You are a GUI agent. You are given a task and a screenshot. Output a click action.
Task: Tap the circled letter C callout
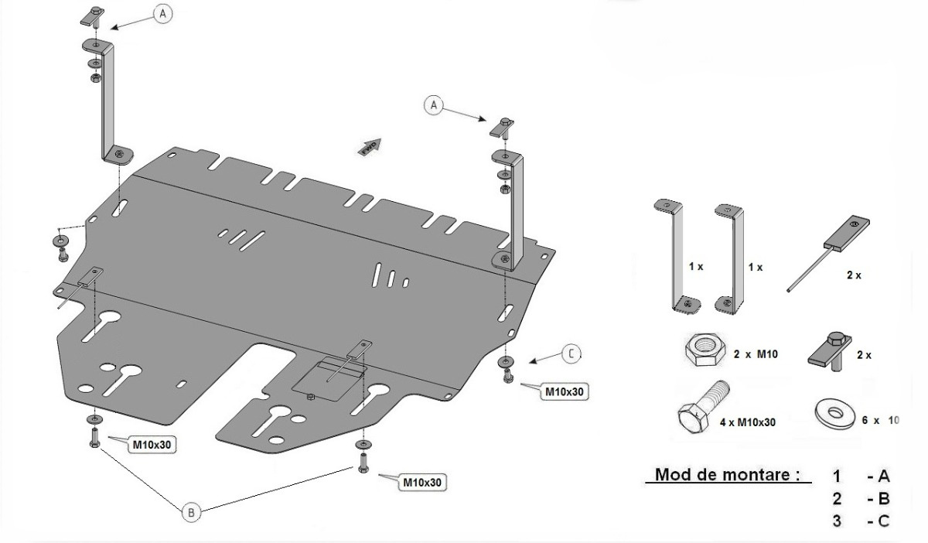click(x=570, y=354)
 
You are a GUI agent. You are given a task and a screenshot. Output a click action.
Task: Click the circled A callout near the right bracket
click(x=435, y=104)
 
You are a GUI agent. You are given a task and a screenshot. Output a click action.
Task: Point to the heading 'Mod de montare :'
click(x=727, y=474)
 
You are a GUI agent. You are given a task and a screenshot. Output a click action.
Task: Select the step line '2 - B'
click(x=861, y=498)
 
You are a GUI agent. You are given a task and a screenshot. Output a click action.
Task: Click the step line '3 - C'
click(x=861, y=521)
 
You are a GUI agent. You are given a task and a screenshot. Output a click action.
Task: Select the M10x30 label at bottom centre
click(x=422, y=482)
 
